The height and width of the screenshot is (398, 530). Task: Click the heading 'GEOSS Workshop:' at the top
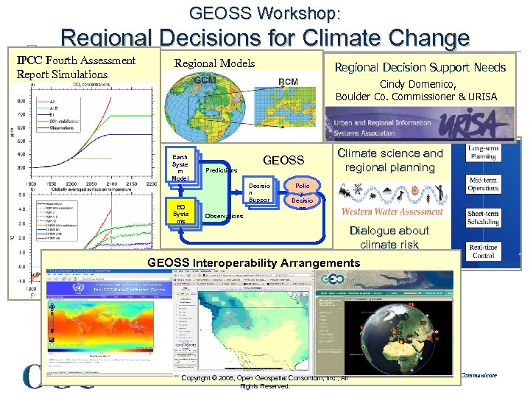click(265, 13)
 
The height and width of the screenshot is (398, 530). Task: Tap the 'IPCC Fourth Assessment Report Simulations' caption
click(76, 67)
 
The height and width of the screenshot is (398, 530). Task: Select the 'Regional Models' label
click(214, 64)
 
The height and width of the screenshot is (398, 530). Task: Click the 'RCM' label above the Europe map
click(289, 81)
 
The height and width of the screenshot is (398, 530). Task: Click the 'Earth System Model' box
click(180, 168)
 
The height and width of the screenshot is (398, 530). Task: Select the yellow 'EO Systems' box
click(180, 212)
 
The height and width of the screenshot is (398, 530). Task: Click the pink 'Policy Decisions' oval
click(302, 194)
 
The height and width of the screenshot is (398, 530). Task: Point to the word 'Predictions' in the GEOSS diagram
click(222, 170)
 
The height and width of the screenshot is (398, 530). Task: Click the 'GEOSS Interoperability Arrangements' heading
click(254, 262)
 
